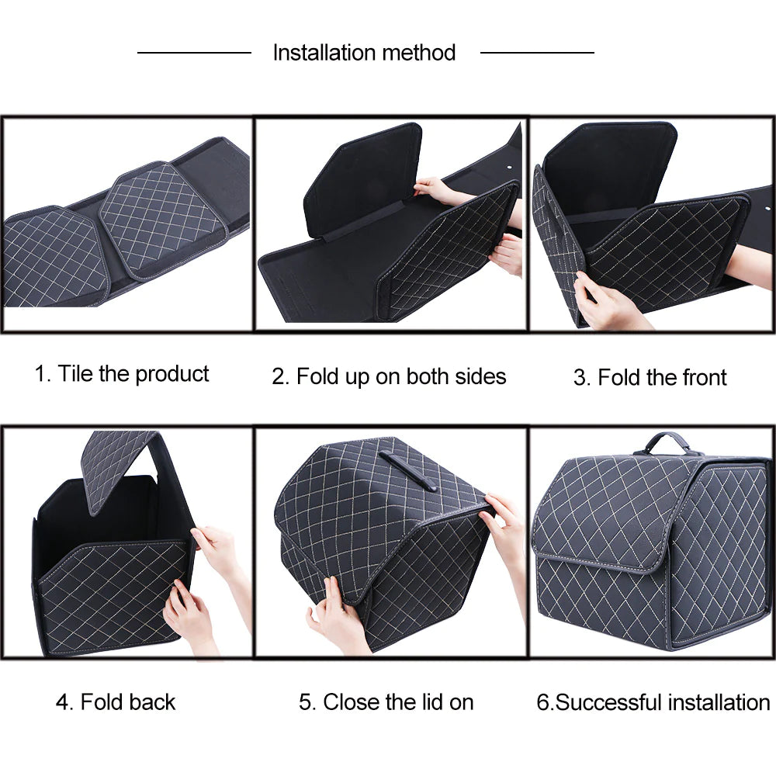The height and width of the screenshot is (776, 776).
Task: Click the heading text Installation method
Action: click(x=364, y=53)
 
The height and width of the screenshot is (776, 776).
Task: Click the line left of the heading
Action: click(x=194, y=53)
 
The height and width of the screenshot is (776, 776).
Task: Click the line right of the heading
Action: click(x=537, y=53)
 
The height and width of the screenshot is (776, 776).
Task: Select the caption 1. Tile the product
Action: click(x=122, y=374)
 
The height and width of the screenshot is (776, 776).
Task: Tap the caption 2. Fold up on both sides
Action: click(x=389, y=377)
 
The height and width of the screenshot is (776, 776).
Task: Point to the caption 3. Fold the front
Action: click(x=650, y=378)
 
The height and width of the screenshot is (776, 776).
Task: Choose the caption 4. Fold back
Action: click(x=116, y=702)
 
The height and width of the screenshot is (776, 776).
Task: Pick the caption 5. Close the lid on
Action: click(x=386, y=702)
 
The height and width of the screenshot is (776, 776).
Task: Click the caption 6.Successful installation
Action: click(x=653, y=703)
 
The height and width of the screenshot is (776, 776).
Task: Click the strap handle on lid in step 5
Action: click(x=407, y=470)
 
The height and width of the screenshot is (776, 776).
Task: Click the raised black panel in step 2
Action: click(x=365, y=182)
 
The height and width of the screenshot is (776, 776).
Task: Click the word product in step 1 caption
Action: click(x=171, y=374)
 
